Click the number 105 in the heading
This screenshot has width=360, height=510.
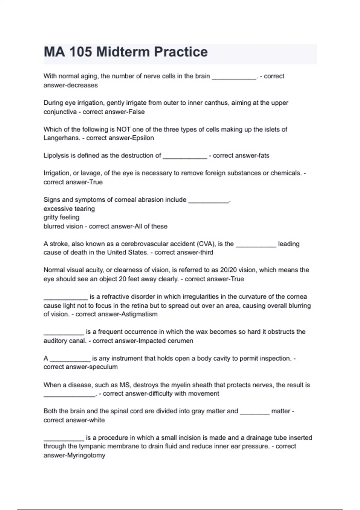click(81, 52)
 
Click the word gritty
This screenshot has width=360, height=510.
click(51, 217)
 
